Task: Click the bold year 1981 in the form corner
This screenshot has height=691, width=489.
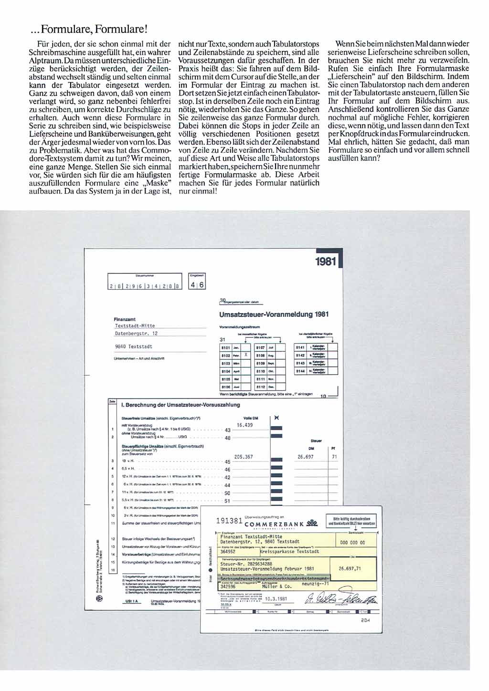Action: [326, 262]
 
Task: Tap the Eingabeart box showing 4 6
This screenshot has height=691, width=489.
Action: [197, 285]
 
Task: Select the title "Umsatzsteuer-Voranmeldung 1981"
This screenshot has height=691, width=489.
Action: [274, 314]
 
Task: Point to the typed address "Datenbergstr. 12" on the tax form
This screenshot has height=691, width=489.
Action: [136, 334]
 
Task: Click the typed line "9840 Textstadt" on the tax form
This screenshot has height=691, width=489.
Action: [134, 346]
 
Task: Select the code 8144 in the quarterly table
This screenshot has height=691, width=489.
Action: [300, 371]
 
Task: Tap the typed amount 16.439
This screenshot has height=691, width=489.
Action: [245, 425]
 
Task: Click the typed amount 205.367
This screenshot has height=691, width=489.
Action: [244, 457]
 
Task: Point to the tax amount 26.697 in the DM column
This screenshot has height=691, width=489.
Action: [306, 457]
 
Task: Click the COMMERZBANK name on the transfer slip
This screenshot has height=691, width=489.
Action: [274, 524]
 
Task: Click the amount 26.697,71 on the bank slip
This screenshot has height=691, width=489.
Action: [350, 568]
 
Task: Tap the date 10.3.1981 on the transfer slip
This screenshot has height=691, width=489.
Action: [276, 598]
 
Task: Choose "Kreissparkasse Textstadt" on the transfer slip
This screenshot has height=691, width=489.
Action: [290, 551]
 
